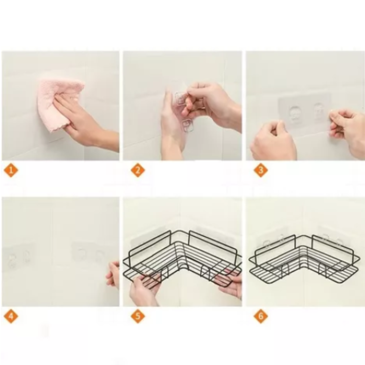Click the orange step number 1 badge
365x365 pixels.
click(11, 170)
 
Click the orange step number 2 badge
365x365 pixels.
click(138, 170)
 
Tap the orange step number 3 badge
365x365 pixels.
click(261, 170)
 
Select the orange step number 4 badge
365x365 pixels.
click(11, 316)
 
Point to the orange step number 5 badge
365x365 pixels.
click(138, 316)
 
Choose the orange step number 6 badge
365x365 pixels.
click(261, 316)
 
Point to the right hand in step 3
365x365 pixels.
click(347, 128)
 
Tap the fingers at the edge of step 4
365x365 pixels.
click(113, 274)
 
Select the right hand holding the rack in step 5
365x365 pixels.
click(231, 284)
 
